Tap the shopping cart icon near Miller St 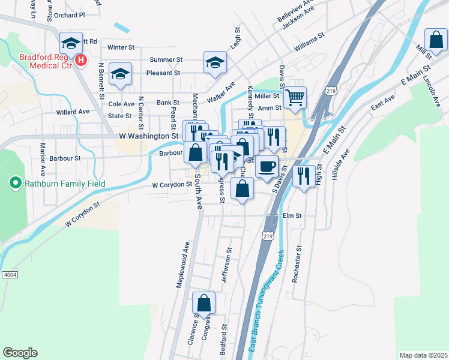point(295,97)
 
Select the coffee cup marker point(267,166)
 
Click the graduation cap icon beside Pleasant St point(121,73)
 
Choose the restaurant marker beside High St point(304,175)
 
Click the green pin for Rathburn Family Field point(14,182)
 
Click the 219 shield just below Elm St point(268,236)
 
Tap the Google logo point(20,352)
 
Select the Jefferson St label point(226,265)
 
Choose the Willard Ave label point(73,112)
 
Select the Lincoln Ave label point(431,89)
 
